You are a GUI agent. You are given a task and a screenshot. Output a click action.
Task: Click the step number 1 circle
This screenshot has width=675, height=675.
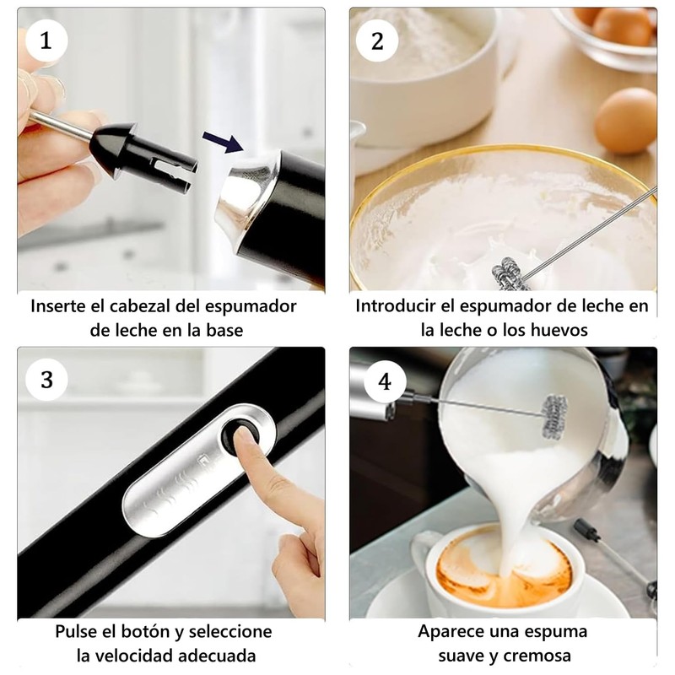click(46, 41)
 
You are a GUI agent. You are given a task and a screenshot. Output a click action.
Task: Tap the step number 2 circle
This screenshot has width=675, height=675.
click(377, 41)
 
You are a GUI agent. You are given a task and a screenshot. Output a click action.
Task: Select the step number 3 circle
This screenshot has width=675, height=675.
click(46, 380)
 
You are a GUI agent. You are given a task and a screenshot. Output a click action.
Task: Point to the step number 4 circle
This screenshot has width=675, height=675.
click(385, 381)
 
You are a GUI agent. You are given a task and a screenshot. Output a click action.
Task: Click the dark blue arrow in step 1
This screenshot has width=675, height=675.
click(224, 142)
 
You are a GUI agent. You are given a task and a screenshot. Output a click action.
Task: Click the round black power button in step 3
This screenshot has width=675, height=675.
click(240, 435)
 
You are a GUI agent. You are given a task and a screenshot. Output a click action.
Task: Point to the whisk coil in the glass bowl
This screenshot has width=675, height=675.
click(511, 274)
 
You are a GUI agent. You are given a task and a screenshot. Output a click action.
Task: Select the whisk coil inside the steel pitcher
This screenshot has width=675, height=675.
click(554, 416)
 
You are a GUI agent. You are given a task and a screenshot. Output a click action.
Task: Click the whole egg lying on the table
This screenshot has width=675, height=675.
click(625, 120)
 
